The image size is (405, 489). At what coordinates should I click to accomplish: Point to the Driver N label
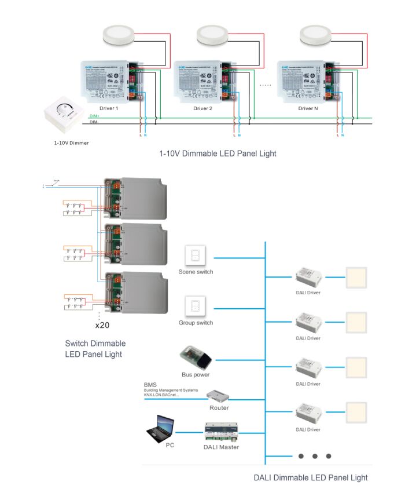coord(307,108)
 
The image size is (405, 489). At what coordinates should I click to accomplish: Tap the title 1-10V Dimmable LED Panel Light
coord(218,154)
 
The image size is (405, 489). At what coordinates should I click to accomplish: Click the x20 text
coord(102,324)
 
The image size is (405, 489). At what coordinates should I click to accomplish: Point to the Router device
coord(219,396)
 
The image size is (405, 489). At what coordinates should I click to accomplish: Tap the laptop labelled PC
coord(161,429)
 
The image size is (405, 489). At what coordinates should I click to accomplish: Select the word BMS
coord(150,385)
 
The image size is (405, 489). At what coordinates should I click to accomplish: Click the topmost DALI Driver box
coord(308,277)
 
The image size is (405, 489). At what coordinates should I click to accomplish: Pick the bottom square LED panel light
coord(357,414)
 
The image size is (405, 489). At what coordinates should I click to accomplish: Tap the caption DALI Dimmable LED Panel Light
coord(311,478)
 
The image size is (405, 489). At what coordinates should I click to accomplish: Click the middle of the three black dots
coord(315,456)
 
